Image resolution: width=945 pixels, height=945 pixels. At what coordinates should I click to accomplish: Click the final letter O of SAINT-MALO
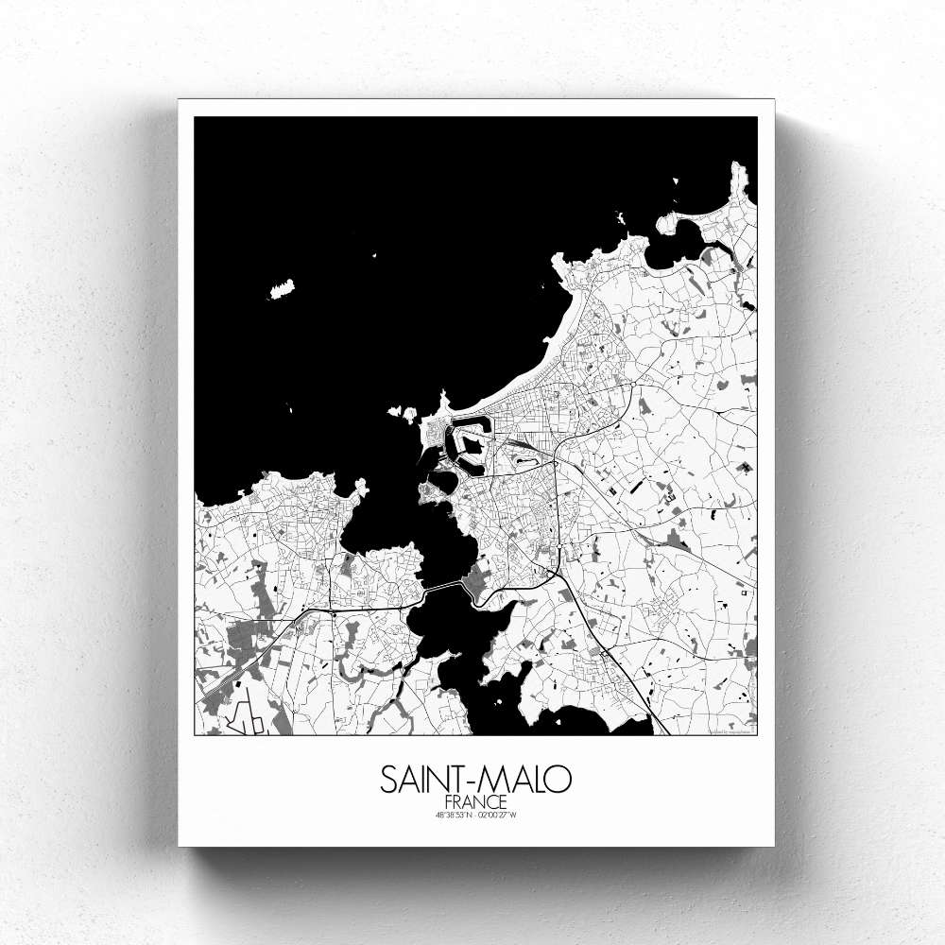(559, 781)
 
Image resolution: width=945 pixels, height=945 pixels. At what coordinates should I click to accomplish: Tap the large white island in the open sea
(282, 287)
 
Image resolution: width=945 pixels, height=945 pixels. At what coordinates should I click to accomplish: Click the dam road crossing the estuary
(442, 587)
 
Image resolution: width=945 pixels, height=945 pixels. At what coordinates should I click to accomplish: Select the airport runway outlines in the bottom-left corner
(244, 722)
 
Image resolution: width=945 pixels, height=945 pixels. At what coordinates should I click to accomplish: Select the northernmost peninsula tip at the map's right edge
(739, 176)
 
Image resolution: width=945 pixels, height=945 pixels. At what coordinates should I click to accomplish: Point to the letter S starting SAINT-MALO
(389, 781)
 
